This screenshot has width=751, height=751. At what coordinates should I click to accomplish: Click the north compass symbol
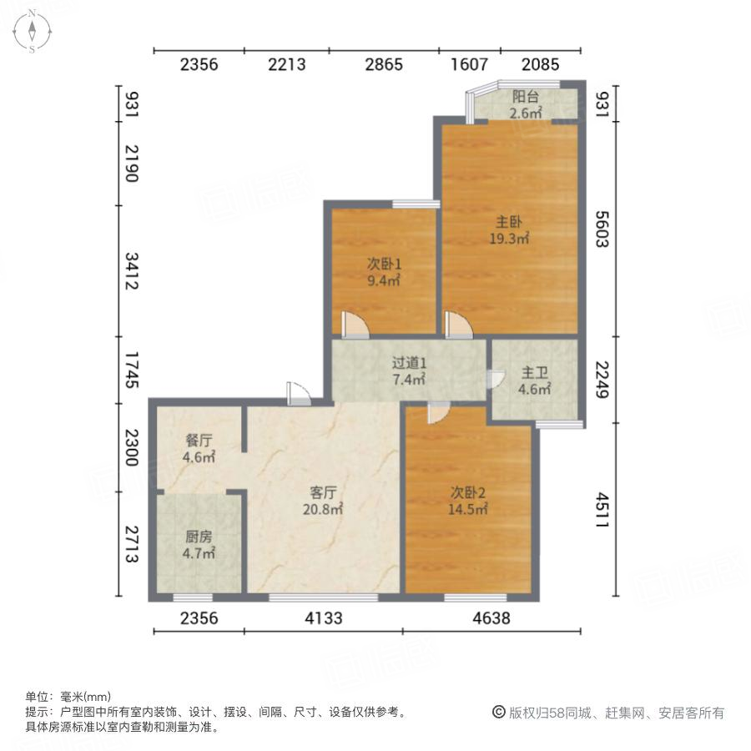click(x=32, y=32)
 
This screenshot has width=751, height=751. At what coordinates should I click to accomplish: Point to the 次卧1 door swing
click(x=353, y=325)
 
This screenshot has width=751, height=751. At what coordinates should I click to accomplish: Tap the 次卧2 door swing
click(x=438, y=411)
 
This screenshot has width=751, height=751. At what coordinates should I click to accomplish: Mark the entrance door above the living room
click(x=297, y=392)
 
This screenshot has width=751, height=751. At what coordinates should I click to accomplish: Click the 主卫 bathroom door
click(x=495, y=380)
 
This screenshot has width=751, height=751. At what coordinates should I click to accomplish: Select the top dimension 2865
click(x=384, y=64)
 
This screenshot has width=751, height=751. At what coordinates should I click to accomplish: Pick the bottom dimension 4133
click(x=323, y=618)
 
